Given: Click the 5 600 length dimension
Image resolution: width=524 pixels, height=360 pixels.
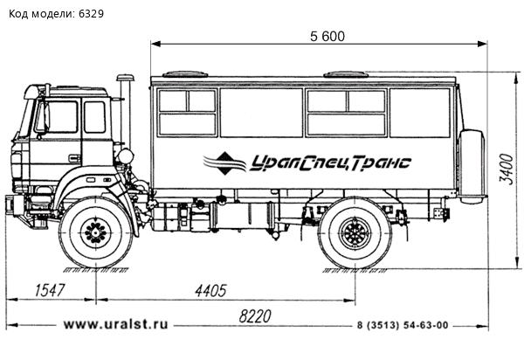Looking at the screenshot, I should point(327,36).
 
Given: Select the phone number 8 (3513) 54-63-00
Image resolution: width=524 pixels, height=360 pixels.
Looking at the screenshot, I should point(403,325).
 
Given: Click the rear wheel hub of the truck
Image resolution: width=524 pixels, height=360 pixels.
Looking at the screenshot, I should point(355,234).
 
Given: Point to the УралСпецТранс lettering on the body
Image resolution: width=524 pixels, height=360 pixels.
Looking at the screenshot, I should point(333,163).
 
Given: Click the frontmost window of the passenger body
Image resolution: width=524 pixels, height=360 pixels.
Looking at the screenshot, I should point(186,112).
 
